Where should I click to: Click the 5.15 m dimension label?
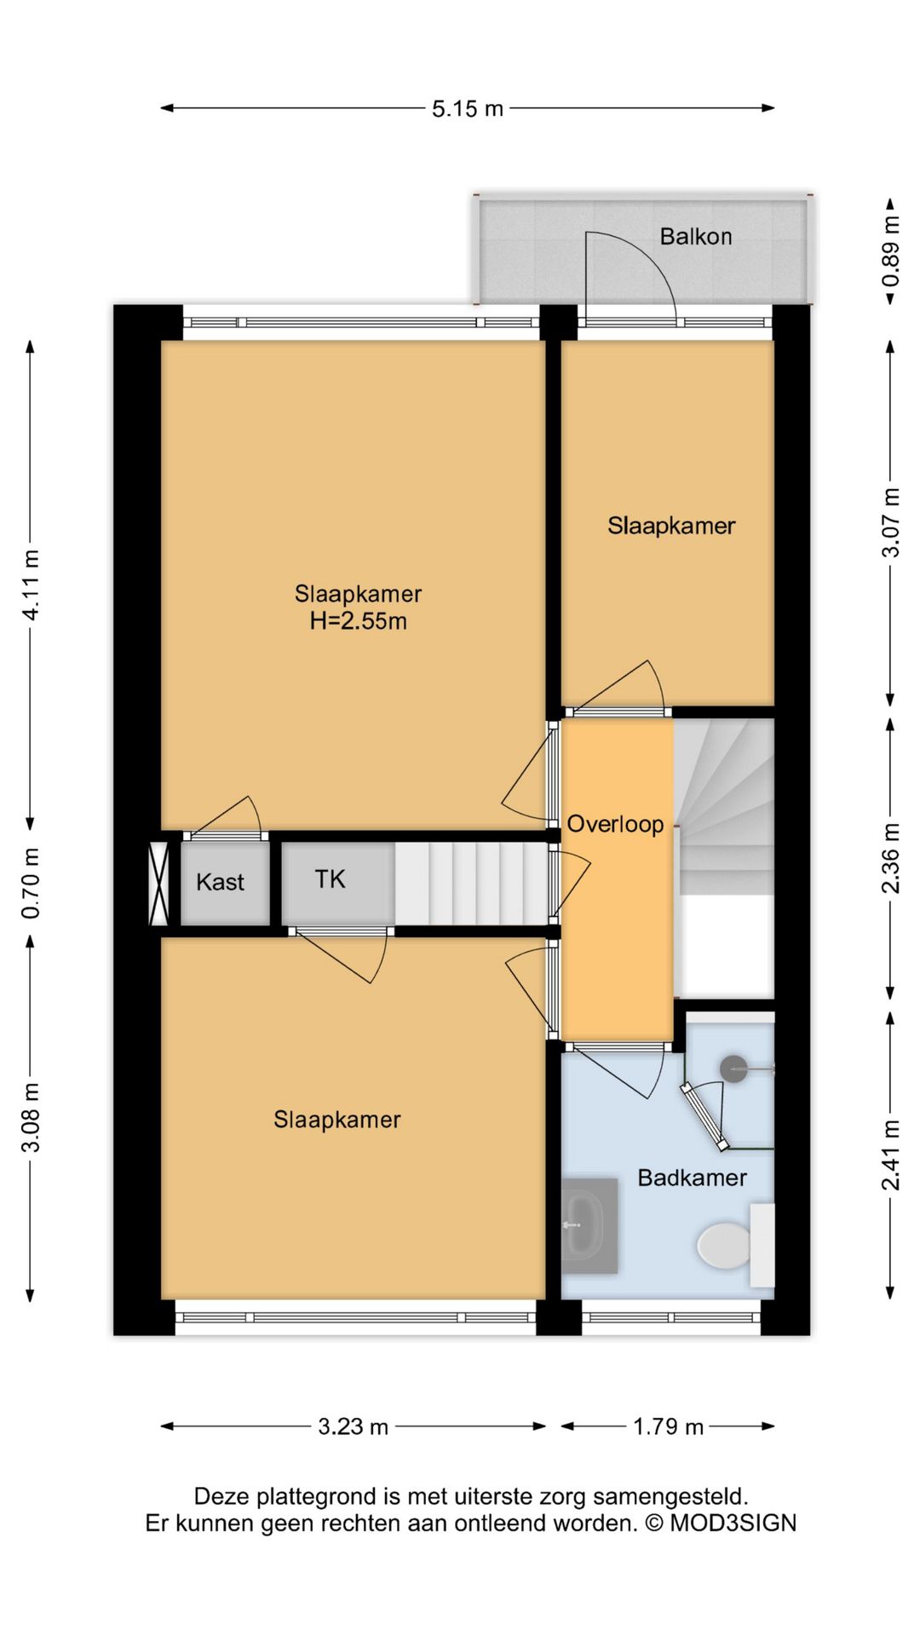[468, 109]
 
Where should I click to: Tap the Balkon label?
[696, 236]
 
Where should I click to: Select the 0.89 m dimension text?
[890, 252]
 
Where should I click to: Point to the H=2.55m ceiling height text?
[358, 621]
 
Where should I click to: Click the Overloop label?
[615, 824]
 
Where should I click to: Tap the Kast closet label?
[220, 882]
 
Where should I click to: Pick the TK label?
[331, 878]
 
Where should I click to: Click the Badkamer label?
[692, 1178]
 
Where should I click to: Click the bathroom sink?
[589, 1225]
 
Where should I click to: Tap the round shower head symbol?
[733, 1069]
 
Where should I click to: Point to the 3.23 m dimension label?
[353, 1426]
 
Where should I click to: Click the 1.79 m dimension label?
[668, 1426]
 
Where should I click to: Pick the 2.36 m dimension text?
[890, 858]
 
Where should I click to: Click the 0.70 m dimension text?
[31, 883]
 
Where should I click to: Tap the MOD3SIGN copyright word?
[733, 1523]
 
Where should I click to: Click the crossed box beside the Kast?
[158, 884]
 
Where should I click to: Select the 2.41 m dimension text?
[890, 1155]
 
